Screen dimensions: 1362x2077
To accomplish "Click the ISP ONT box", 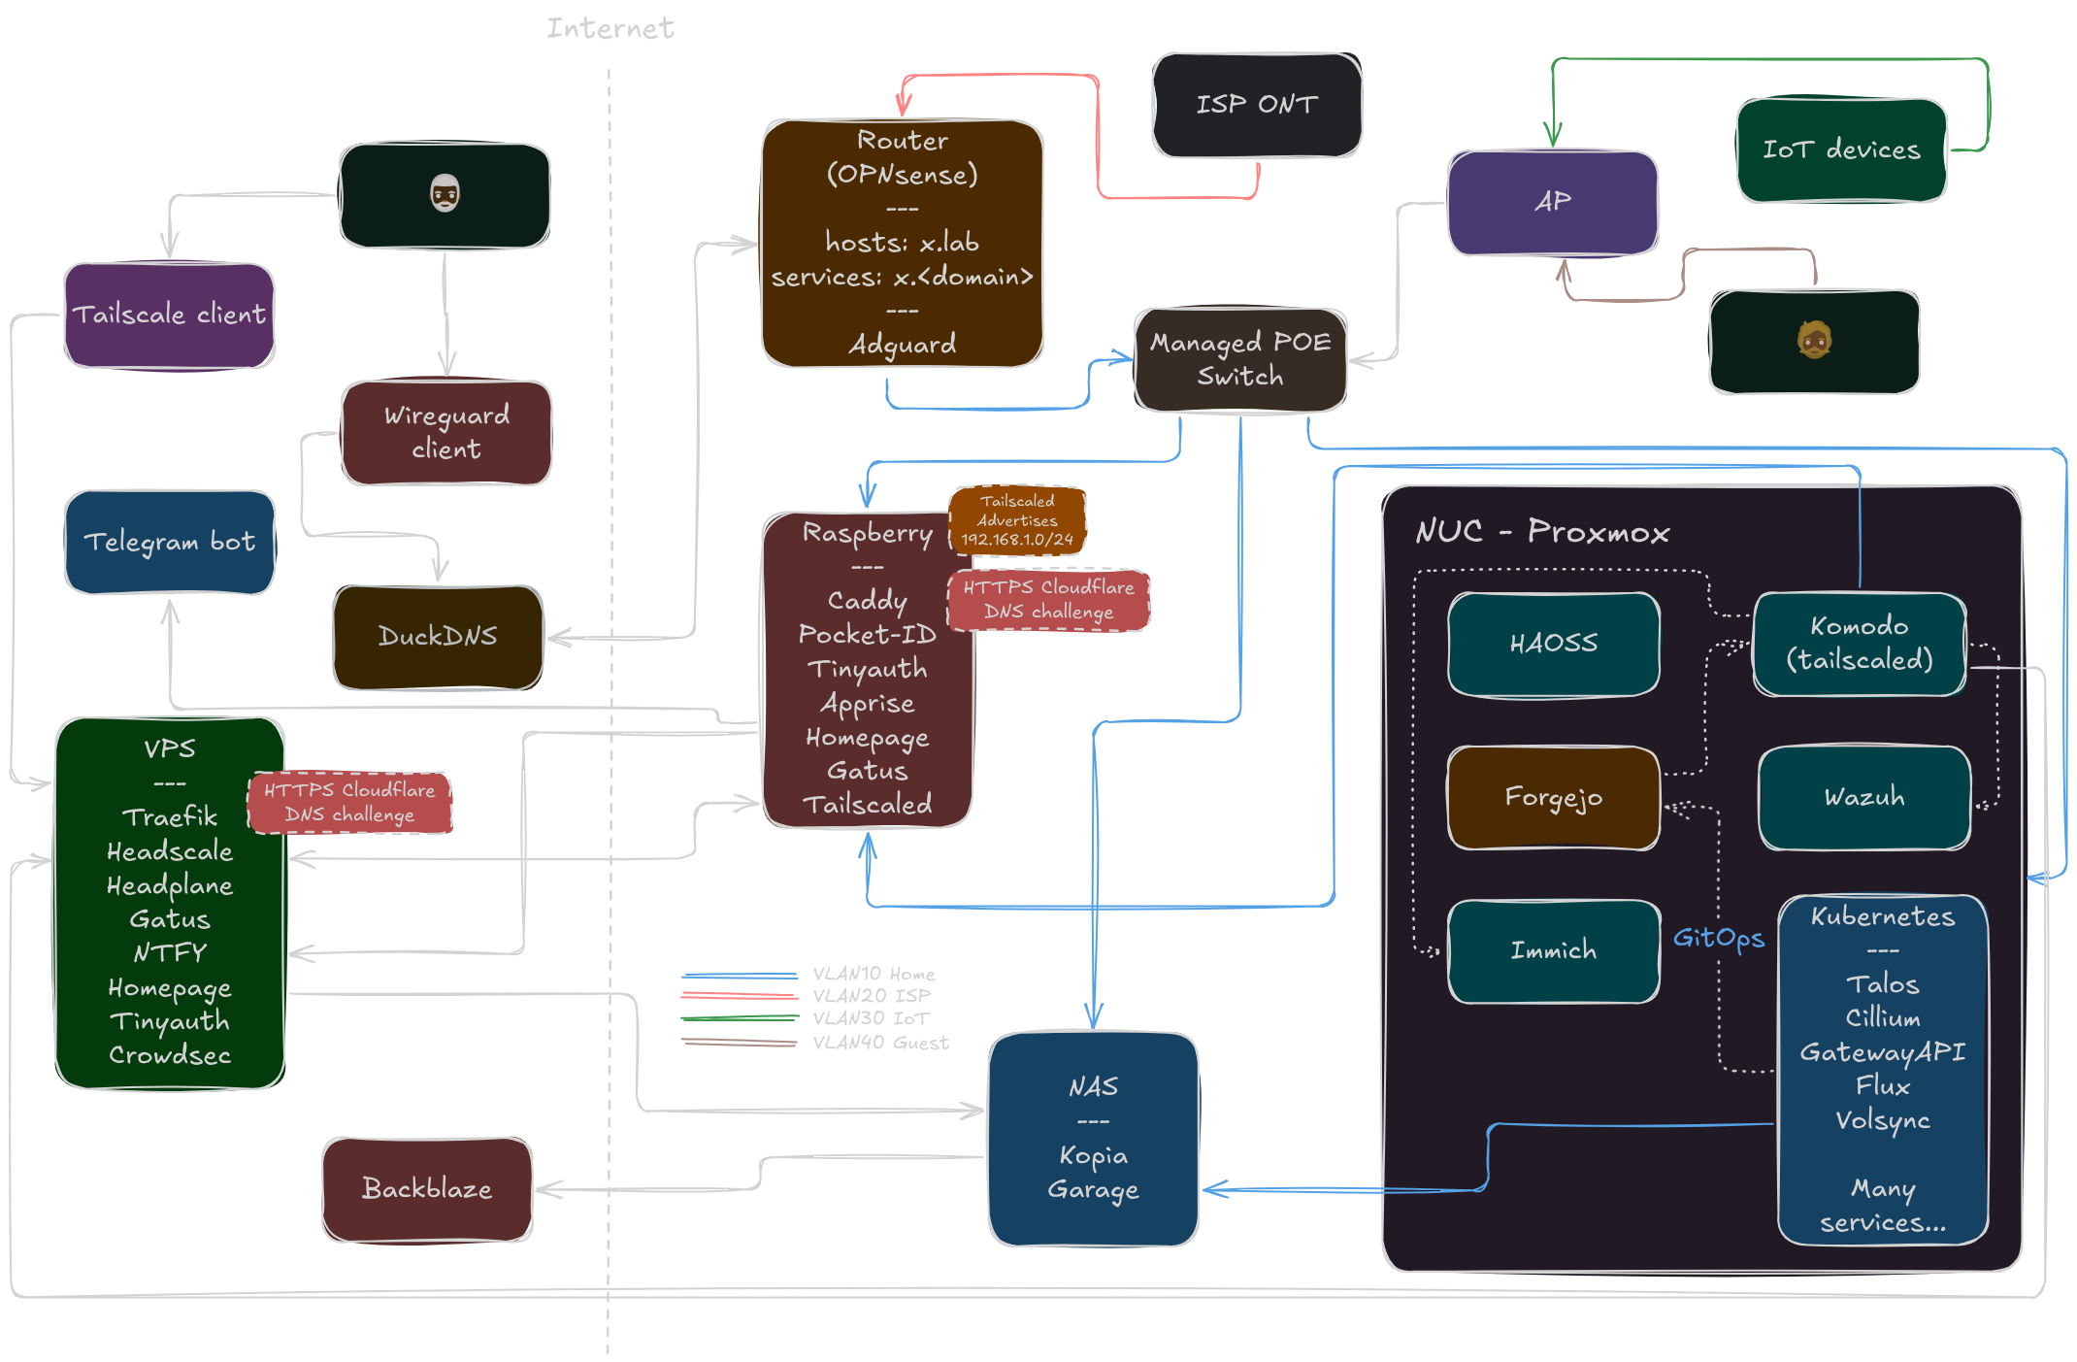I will click(1257, 105).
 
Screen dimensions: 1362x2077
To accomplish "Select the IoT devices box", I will click(1841, 149).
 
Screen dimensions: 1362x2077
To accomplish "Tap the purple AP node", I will click(1553, 202).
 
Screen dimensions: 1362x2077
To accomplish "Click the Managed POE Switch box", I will click(1240, 360).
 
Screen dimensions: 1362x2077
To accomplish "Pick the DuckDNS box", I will click(438, 637).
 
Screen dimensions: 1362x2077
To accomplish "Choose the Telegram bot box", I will click(170, 542).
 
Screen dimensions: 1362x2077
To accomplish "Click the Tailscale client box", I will click(170, 315).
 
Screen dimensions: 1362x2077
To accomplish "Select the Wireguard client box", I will click(446, 433).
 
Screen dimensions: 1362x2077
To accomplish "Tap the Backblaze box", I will click(427, 1189).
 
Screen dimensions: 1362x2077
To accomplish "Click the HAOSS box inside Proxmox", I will click(1553, 644).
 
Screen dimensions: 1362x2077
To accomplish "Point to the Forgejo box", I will click(1553, 798).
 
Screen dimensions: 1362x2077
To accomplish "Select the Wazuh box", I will click(1864, 798).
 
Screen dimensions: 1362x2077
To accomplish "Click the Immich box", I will click(1553, 950).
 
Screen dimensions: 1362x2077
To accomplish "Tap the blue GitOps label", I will click(1718, 938).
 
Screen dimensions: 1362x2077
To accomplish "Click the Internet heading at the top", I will click(610, 28).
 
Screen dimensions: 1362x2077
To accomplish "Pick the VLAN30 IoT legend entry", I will click(871, 1018).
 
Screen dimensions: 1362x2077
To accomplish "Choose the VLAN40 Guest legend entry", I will click(880, 1043).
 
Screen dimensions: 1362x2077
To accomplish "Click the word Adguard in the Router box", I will click(903, 345).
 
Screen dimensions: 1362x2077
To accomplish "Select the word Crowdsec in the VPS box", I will click(170, 1055).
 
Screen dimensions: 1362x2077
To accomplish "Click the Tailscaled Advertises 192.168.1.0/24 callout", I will click(1017, 520).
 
